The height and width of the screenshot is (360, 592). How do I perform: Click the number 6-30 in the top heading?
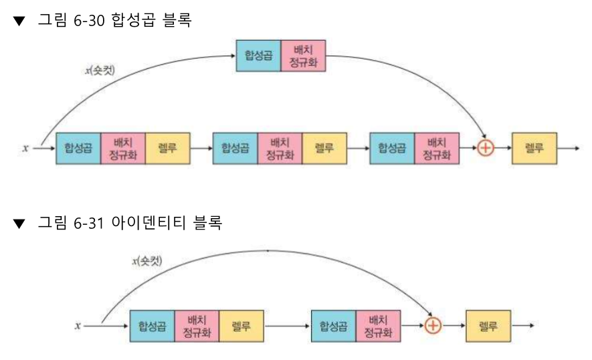pyautogui.click(x=88, y=21)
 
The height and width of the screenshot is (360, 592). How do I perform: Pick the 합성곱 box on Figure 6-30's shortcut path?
pyautogui.click(x=258, y=56)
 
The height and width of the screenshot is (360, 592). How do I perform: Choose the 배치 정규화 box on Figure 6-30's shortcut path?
pyautogui.click(x=303, y=56)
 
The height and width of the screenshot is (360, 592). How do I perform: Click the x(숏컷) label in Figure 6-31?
pyautogui.click(x=147, y=260)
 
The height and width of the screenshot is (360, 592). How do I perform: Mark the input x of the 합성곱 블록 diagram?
pyautogui.click(x=25, y=149)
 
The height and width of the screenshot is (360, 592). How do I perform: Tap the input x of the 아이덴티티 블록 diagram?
pyautogui.click(x=78, y=326)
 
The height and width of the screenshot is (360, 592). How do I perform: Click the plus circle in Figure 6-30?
pyautogui.click(x=486, y=149)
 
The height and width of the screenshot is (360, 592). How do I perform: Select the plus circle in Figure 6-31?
pyautogui.click(x=433, y=326)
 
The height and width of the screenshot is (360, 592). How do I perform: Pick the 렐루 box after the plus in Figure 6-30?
pyautogui.click(x=534, y=149)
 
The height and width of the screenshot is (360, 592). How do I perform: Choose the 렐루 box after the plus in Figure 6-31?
pyautogui.click(x=488, y=326)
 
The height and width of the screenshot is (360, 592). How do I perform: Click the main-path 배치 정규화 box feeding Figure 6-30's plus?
pyautogui.click(x=436, y=149)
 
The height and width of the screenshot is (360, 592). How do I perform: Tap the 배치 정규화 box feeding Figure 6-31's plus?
pyautogui.click(x=378, y=326)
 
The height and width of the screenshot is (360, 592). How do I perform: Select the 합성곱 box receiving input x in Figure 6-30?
pyautogui.click(x=78, y=149)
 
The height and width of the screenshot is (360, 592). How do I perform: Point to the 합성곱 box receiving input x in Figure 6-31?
pyautogui.click(x=152, y=326)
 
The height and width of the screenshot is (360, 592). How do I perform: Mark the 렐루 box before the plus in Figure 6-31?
pyautogui.click(x=241, y=326)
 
